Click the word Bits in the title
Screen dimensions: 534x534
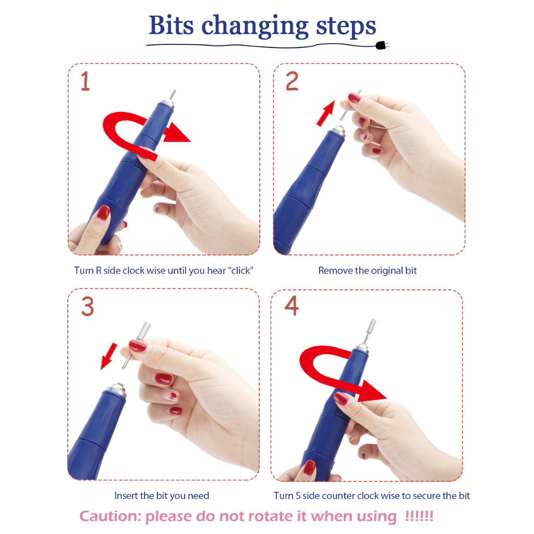171,25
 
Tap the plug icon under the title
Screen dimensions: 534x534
382,45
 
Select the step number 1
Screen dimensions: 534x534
85,81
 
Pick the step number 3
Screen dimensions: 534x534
88,307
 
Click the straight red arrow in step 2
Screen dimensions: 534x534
326,113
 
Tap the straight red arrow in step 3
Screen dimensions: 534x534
108,356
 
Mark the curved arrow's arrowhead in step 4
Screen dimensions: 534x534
372,391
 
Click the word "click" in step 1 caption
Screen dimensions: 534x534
241,271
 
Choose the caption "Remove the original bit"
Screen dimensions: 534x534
368,271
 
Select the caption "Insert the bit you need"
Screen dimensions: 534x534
162,495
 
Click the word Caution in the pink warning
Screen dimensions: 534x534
110,516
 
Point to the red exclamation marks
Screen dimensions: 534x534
419,516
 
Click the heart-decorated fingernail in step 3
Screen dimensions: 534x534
173,395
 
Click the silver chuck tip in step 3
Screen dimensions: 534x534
116,389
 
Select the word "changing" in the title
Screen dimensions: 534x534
254,27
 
